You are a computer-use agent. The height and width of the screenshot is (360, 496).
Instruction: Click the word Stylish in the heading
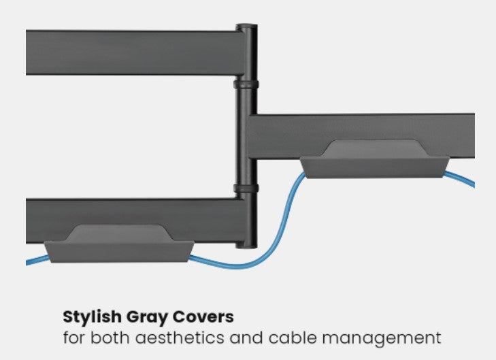tap(88, 317)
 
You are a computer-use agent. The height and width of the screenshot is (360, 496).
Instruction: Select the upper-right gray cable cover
tap(375, 161)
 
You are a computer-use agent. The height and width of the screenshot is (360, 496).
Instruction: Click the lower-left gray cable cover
tap(119, 244)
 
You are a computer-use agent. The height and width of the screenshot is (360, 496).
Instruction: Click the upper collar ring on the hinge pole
tap(246, 85)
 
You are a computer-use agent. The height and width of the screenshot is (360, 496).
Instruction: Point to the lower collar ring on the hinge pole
tap(246, 189)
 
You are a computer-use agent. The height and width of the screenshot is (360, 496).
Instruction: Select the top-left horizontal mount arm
tap(129, 52)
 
